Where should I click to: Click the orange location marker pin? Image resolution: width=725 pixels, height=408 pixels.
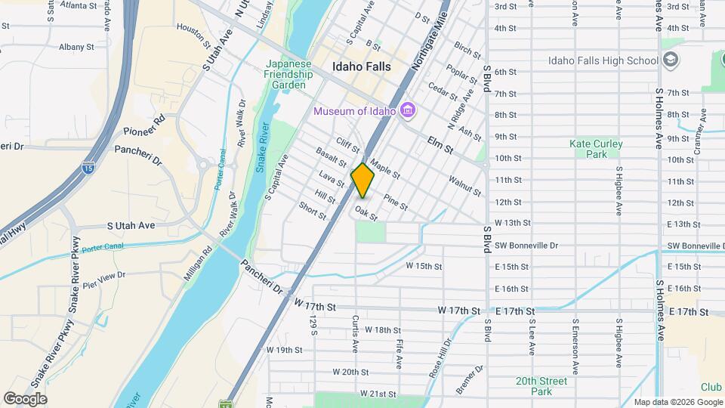pos(363,180)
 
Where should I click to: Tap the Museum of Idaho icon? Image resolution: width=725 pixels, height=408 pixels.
pos(409,112)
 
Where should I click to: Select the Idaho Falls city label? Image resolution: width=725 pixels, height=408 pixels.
pos(362,66)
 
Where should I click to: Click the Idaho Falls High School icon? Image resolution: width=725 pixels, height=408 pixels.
pos(671,60)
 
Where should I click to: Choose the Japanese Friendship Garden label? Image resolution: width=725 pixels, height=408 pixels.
pos(288,75)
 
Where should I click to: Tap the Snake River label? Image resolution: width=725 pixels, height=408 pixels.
pos(263,147)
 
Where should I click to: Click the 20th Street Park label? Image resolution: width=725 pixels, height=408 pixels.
pos(541,386)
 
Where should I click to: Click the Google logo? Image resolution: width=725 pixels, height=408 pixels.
pos(25,398)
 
